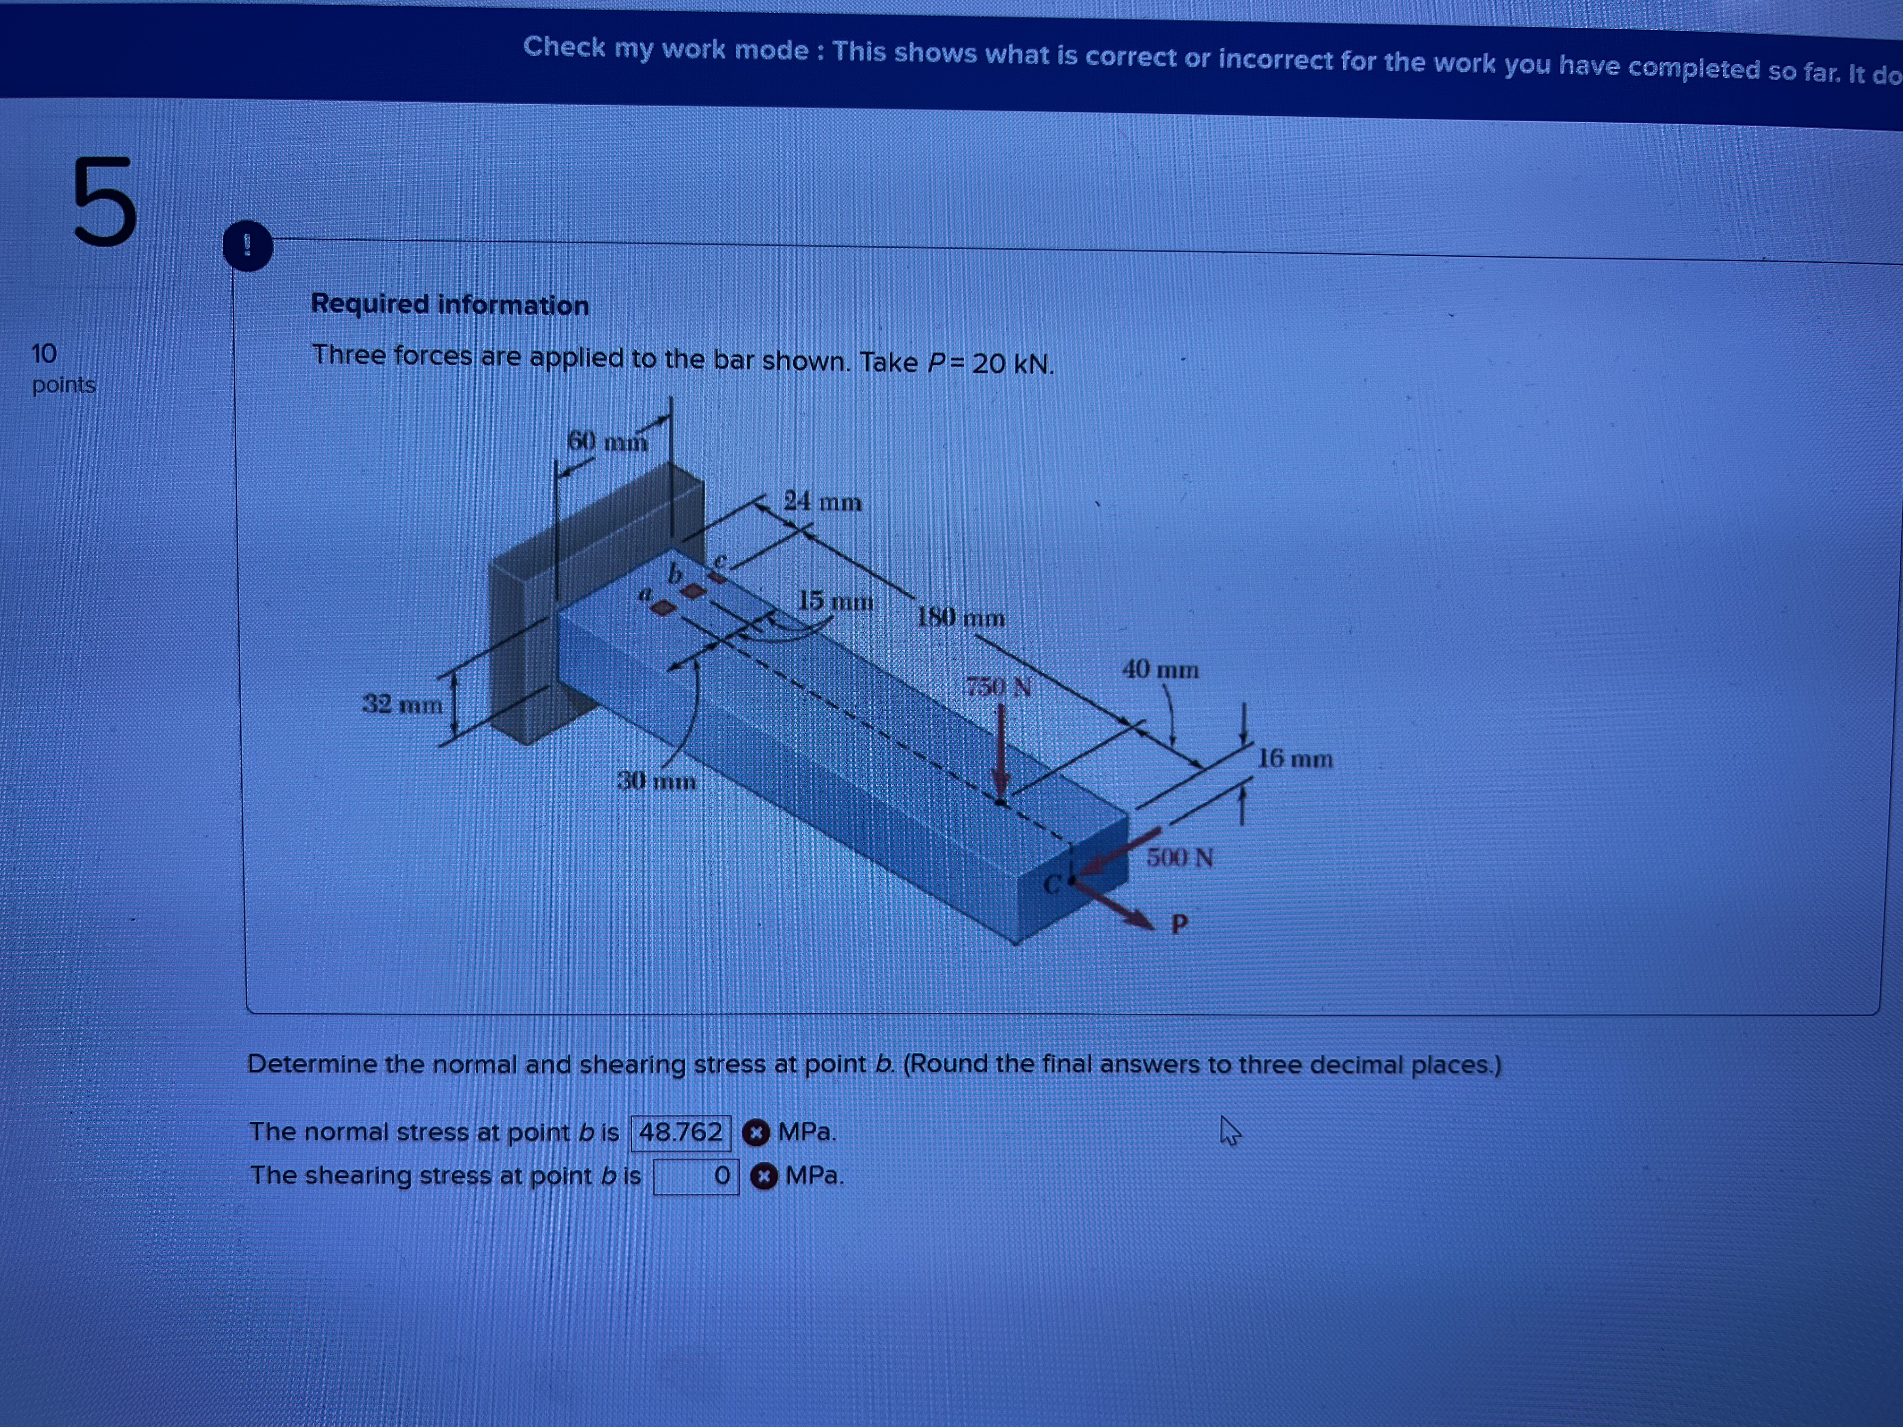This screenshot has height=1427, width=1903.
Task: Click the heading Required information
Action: (450, 304)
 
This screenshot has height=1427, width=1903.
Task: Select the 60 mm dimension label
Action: (606, 441)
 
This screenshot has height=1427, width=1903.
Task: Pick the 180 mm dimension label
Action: (960, 617)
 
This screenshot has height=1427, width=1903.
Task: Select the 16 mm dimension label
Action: (1295, 759)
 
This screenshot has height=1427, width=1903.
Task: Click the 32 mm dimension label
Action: (402, 704)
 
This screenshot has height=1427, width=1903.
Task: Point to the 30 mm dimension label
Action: (657, 781)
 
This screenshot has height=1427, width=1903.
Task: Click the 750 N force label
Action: (998, 687)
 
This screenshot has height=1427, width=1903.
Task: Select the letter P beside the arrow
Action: (1179, 924)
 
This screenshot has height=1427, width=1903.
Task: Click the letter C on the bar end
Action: (1051, 884)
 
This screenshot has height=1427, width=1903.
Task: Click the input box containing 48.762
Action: (681, 1132)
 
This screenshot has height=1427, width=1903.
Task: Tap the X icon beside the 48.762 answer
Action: (755, 1133)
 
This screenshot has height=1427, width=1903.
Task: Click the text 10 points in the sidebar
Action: (62, 368)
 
